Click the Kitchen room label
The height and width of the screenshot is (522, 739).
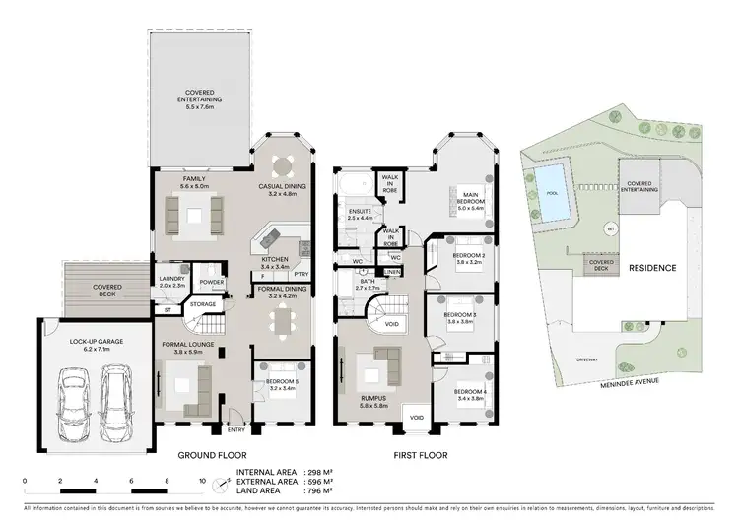coord(274,262)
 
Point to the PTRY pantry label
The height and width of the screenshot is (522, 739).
coord(302,275)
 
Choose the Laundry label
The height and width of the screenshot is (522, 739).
coord(171,282)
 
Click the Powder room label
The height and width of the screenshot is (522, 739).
coord(210,282)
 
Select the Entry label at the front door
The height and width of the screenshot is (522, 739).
coord(236,429)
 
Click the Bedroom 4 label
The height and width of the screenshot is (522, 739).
coord(470,395)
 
